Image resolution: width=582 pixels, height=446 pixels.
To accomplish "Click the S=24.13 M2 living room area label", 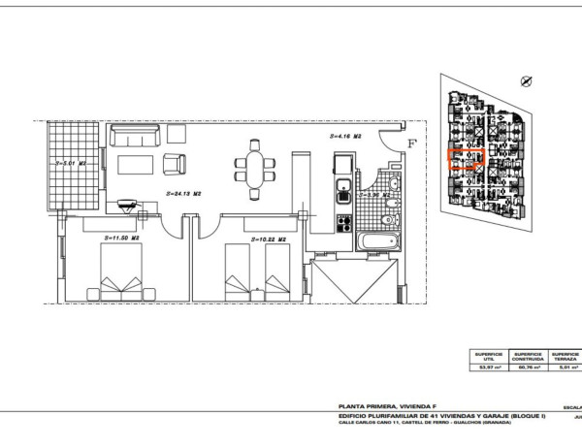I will click(183, 193).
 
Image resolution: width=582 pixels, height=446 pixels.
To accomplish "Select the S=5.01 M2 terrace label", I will click(72, 164).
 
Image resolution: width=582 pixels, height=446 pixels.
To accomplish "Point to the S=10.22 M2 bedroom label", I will click(268, 239).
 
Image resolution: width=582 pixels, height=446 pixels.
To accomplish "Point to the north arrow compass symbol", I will click(526, 82).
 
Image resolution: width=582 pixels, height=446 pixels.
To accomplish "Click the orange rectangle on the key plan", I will click(462, 161).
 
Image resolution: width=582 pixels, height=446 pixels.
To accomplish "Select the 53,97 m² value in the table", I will click(488, 367).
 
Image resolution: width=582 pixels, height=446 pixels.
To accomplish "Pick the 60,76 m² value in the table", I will click(527, 367).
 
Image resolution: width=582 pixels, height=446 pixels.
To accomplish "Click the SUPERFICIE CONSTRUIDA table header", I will click(527, 356).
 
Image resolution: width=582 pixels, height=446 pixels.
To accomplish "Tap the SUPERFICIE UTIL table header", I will click(488, 356).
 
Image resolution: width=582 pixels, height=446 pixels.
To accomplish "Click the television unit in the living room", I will click(127, 205).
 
